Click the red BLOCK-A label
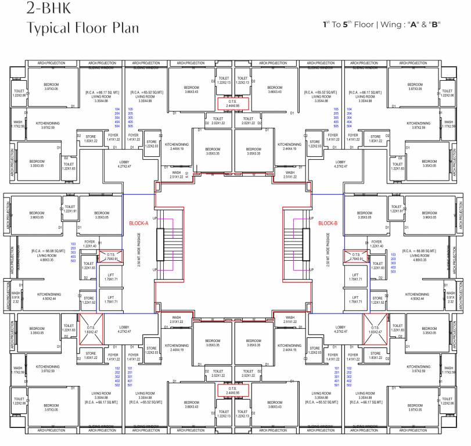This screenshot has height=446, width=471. (139, 223)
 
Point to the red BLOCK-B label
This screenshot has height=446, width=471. (328, 223)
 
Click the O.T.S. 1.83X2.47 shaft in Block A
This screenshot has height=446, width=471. (91, 329)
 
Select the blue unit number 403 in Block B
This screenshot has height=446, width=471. (393, 267)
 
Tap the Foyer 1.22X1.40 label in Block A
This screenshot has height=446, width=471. (89, 244)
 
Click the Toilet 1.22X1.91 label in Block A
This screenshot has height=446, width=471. (70, 208)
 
